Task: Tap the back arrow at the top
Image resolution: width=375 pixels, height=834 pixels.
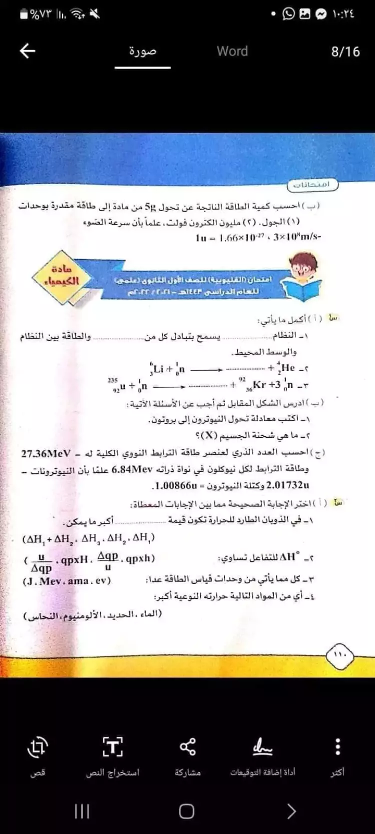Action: (x=27, y=51)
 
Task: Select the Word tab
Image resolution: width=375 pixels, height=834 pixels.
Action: (x=232, y=51)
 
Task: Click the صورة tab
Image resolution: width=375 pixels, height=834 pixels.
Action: (x=142, y=51)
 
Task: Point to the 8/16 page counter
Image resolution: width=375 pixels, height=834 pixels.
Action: (x=345, y=52)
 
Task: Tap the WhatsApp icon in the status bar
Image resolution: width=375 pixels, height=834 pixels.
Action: (x=288, y=14)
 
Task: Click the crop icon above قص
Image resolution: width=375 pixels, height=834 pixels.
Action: (x=37, y=747)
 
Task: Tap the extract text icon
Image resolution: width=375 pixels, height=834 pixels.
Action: (x=112, y=747)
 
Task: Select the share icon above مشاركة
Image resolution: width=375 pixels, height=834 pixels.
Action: (x=187, y=747)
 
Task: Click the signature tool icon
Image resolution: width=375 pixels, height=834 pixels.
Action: (x=262, y=747)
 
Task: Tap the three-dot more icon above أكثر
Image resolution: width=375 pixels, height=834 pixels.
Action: (x=338, y=747)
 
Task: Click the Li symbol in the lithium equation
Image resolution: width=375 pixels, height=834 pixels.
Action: (x=158, y=369)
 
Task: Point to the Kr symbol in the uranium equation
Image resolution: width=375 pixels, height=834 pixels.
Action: (x=259, y=384)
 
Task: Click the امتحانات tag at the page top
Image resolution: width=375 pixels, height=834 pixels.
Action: (x=313, y=185)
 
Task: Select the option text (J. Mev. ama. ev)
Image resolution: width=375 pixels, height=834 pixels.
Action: (x=67, y=581)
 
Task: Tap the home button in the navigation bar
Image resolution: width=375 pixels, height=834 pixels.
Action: (x=186, y=811)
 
